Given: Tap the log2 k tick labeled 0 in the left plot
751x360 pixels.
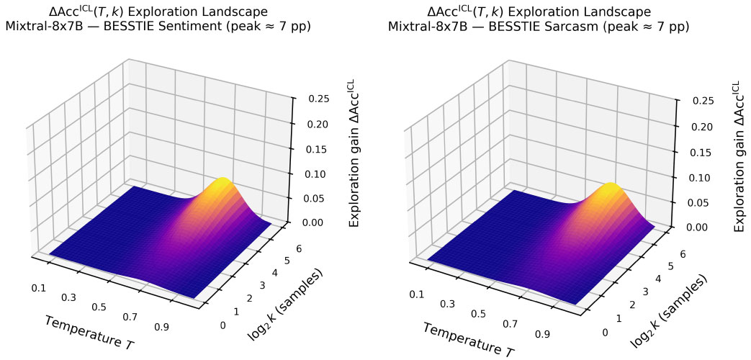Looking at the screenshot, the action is pyautogui.click(x=222, y=325).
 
